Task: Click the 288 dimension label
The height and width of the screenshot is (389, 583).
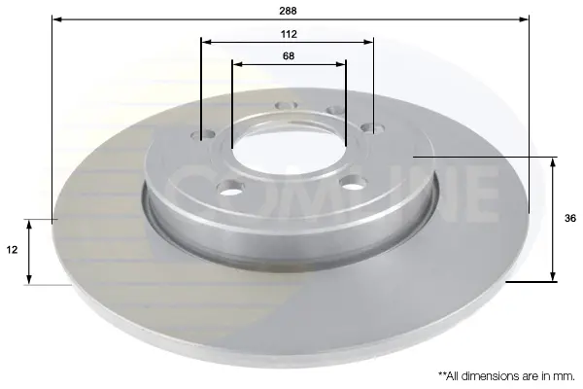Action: (289, 11)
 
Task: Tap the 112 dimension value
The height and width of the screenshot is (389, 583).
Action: (289, 34)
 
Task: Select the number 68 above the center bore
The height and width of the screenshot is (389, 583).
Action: (289, 55)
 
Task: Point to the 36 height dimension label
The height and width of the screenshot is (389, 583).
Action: (570, 219)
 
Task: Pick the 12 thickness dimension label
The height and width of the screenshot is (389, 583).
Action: (12, 250)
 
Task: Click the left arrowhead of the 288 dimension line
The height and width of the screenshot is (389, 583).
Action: (57, 18)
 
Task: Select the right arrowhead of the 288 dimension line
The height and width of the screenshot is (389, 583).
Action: (524, 18)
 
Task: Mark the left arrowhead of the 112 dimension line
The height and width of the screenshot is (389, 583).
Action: (206, 42)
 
